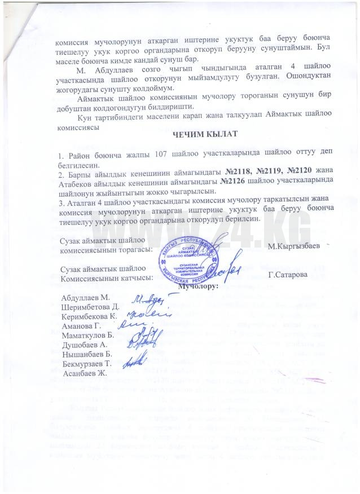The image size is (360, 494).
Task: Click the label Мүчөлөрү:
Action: point(197,286)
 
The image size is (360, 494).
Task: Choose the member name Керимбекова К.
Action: point(90,317)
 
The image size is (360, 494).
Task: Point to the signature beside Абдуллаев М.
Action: point(149,298)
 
